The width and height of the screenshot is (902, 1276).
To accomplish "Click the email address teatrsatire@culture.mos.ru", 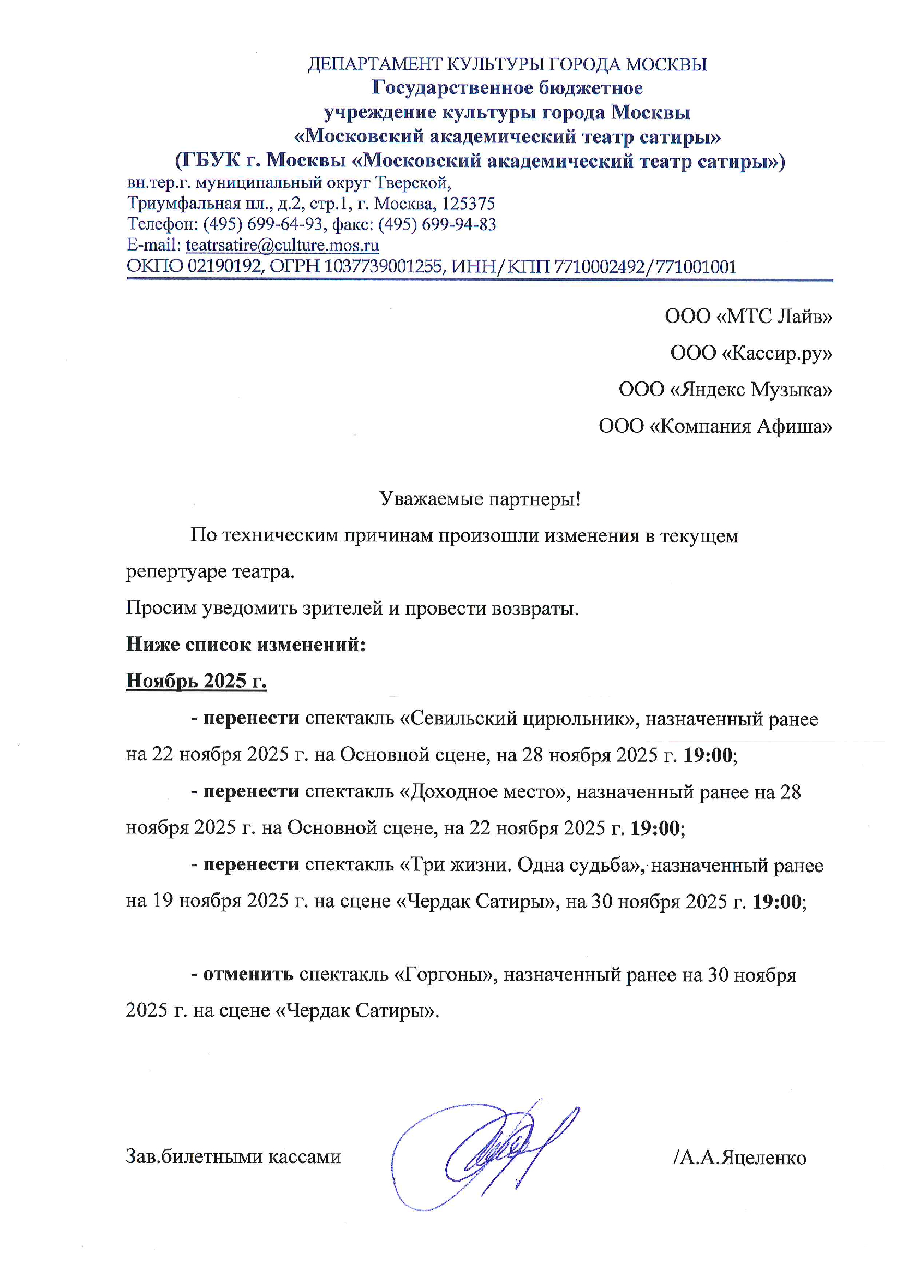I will pos(282,245).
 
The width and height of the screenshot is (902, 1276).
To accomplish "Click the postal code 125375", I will pos(468,204).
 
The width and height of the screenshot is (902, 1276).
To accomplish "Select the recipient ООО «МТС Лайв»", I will pos(748,316).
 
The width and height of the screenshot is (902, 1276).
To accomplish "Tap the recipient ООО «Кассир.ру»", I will pos(751,353).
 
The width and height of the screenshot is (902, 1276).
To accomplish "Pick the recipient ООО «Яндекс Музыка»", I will pos(725,390).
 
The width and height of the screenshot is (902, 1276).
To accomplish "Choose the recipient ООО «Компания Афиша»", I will pos(715,426).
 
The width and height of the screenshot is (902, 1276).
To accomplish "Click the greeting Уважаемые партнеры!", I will pos(480,498).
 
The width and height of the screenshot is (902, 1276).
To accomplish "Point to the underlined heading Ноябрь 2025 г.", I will pos(196,680).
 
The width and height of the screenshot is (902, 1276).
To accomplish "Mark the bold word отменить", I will pos(248,975).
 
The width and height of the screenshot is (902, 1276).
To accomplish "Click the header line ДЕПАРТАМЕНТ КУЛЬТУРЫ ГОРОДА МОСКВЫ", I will pos(507,64).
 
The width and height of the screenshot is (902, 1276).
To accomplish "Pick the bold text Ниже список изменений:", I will pos(246,644).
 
